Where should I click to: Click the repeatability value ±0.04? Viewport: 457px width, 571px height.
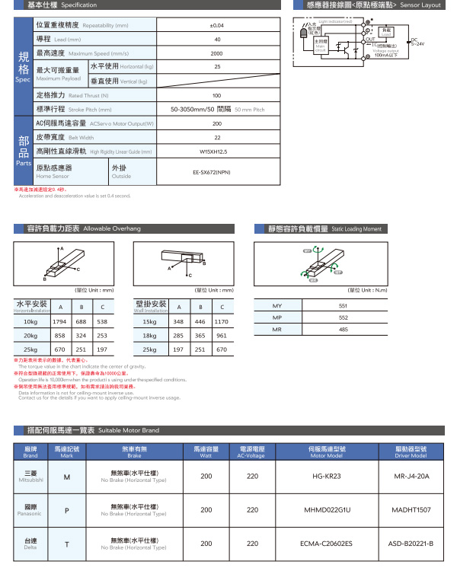click(217, 25)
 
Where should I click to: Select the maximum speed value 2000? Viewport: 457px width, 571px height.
click(217, 53)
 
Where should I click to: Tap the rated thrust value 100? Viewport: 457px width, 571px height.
click(217, 95)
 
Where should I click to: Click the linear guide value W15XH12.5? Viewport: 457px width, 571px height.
click(217, 152)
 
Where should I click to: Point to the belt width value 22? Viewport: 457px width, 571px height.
click(217, 137)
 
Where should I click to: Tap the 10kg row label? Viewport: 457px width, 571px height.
click(31, 321)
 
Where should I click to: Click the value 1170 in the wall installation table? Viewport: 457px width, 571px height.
click(222, 321)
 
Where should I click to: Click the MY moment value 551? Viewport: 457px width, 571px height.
click(343, 306)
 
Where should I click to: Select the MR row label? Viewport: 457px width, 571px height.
click(277, 329)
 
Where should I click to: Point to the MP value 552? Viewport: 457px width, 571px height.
click(343, 317)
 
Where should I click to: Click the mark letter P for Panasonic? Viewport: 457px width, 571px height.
click(67, 510)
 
